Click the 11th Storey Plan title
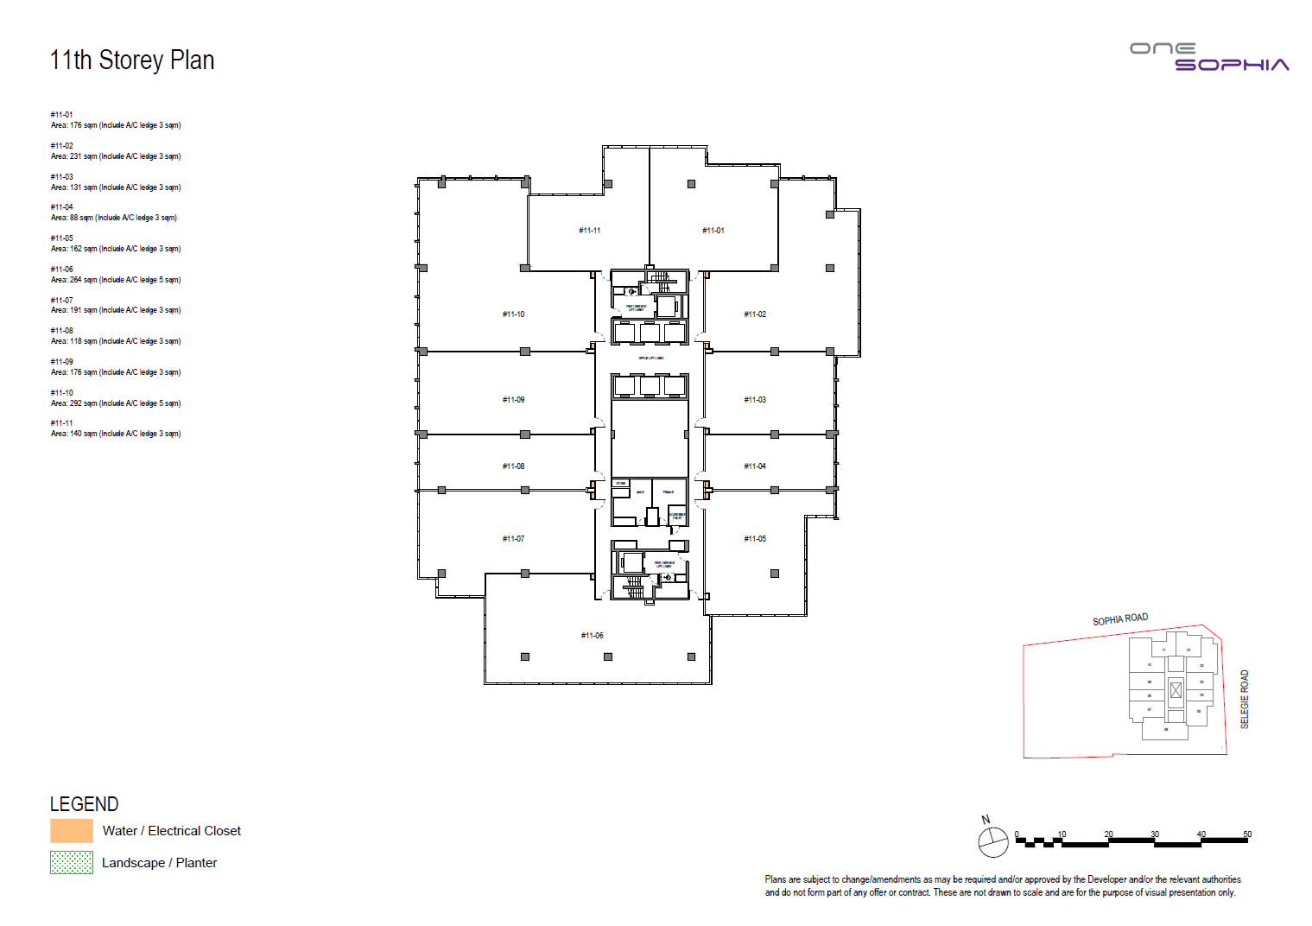coord(132,60)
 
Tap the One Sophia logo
coord(1209,57)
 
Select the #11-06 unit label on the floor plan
coord(593,636)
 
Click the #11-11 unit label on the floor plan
coord(590,231)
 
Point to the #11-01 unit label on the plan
coord(713,231)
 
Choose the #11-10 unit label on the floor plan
coord(514,314)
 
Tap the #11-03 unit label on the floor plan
coord(755,400)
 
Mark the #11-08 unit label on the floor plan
coord(514,466)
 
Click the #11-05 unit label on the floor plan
coord(755,539)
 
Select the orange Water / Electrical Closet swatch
coord(72,831)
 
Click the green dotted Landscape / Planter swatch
coord(72,862)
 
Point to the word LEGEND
coord(84,804)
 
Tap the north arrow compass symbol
coord(992,841)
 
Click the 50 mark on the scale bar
coord(1247,834)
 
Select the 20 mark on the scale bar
coord(1108,834)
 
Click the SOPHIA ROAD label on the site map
coord(1120,619)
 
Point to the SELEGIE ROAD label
coord(1245,699)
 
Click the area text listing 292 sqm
coord(116,403)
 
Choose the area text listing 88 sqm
coord(114,218)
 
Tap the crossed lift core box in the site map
coord(1176,690)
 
